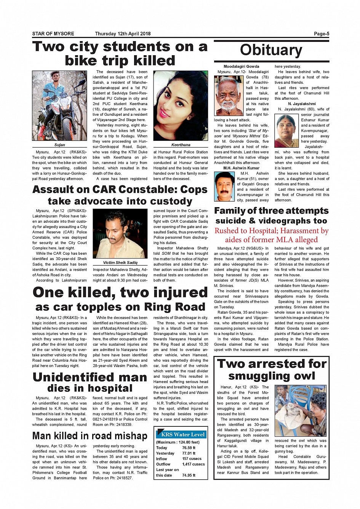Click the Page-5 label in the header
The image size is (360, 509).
321,34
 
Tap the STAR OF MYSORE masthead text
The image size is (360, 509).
53,34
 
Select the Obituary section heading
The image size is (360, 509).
271,50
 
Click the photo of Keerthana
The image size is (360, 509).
181,106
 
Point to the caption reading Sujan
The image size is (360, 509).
59,145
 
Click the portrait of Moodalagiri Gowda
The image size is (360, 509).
228,96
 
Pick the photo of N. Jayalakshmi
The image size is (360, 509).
286,131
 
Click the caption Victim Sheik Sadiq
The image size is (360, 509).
120,263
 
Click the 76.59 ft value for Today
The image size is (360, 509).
189,448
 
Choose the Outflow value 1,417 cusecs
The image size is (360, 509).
193,464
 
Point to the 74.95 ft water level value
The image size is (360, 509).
189,475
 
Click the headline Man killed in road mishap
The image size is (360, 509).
90,436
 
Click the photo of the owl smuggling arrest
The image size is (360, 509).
301,411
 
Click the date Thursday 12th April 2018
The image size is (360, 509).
123,34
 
